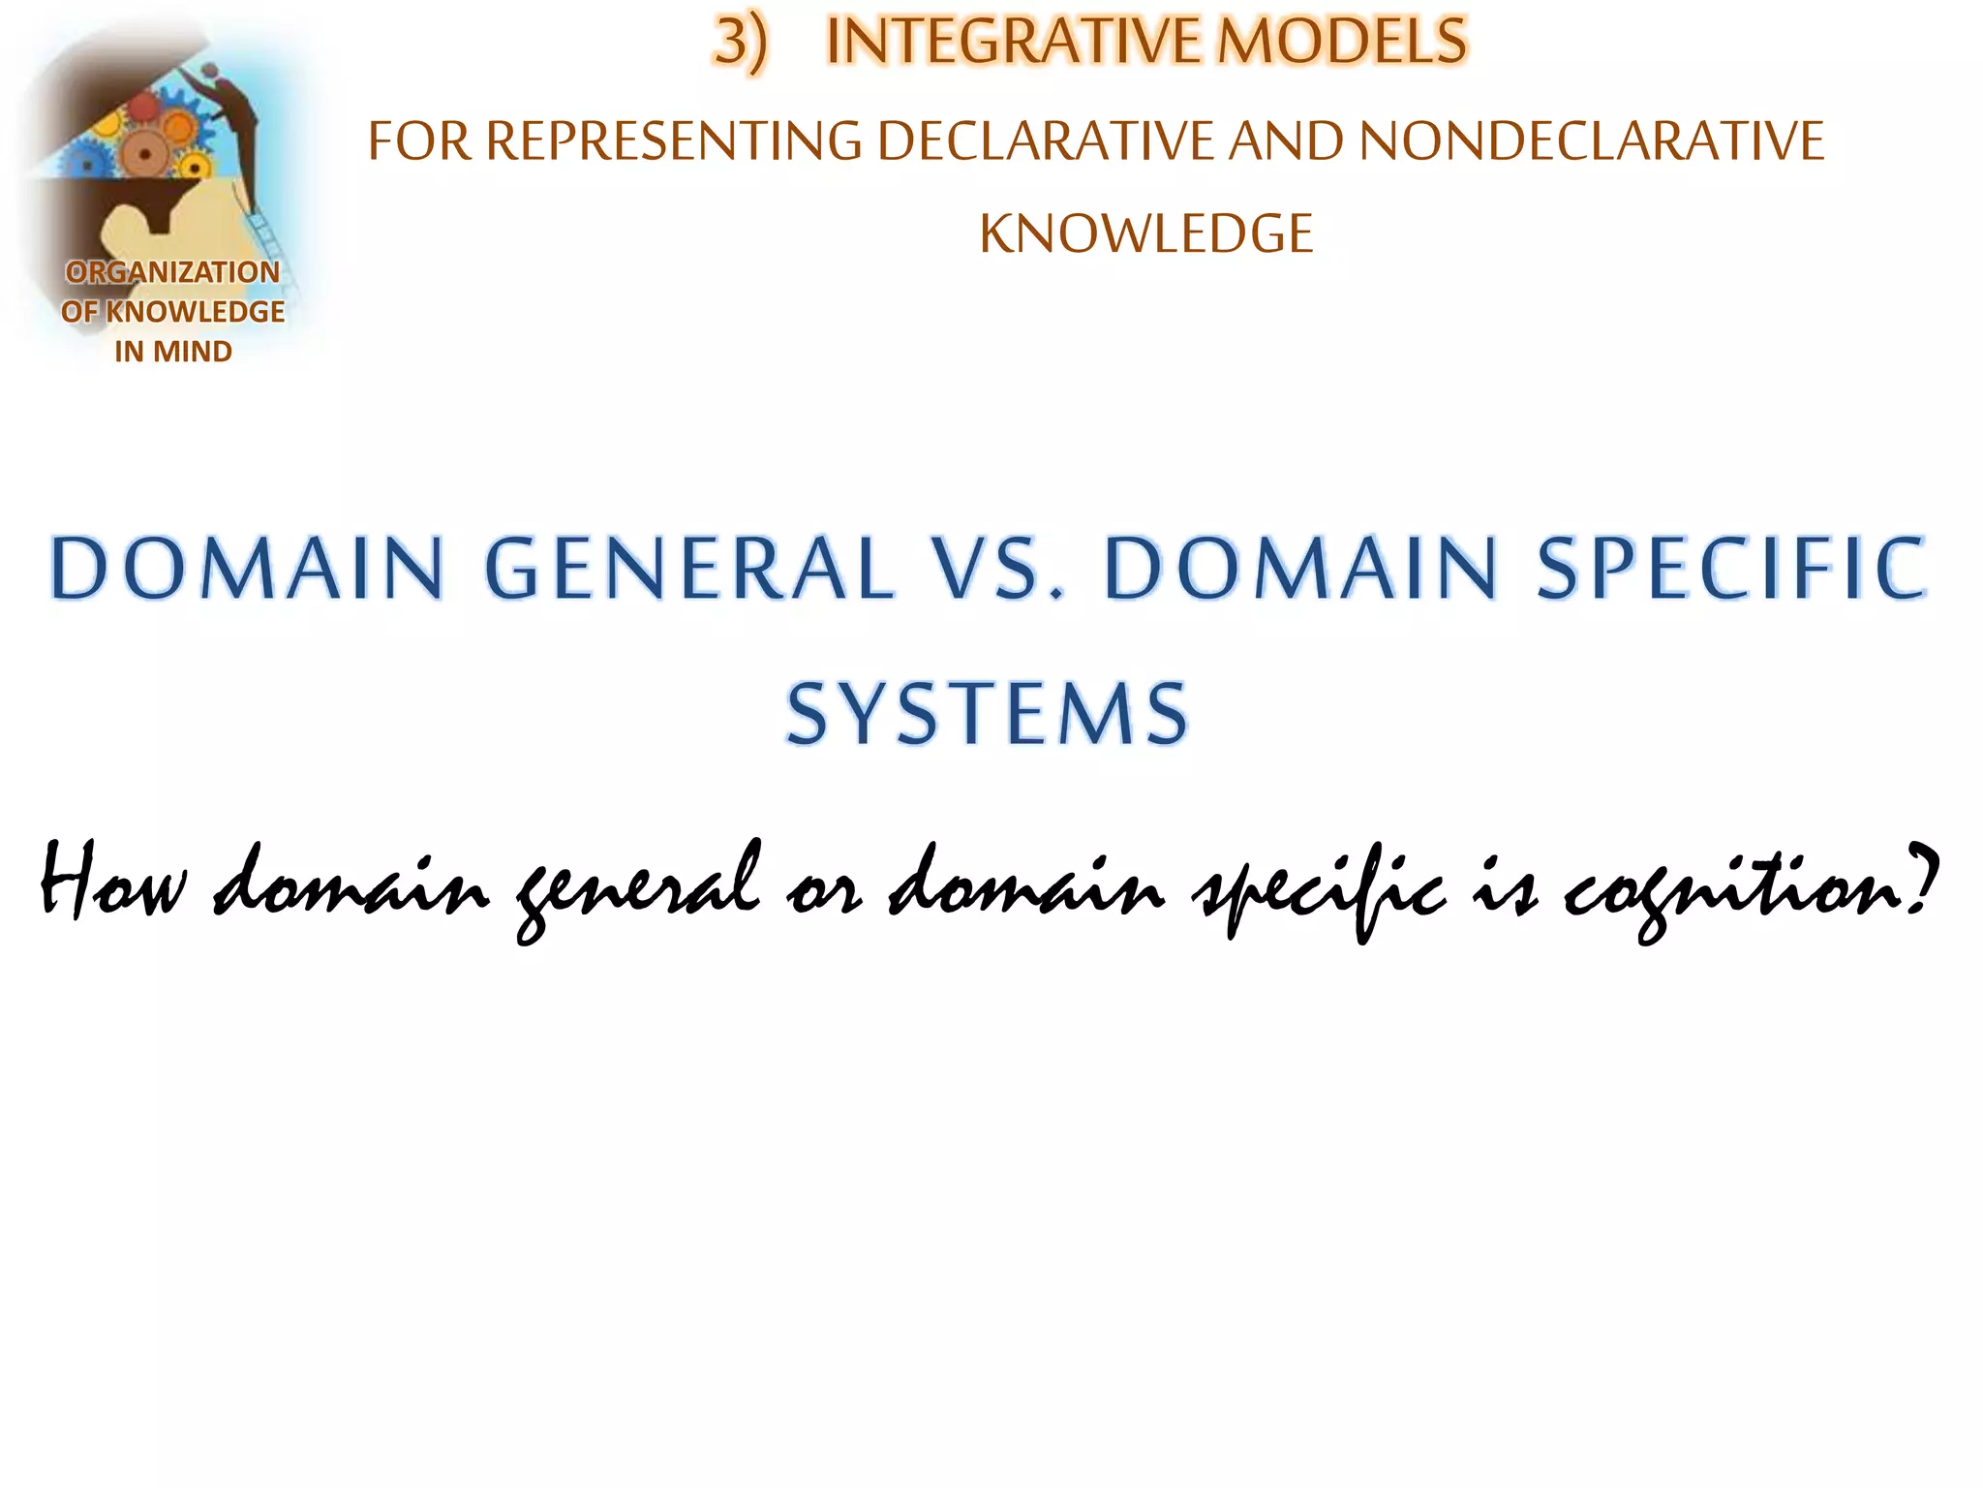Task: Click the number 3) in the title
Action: click(x=741, y=44)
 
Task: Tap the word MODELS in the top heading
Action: click(x=1342, y=42)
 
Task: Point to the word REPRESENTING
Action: click(x=673, y=141)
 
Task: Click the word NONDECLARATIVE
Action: click(x=1592, y=141)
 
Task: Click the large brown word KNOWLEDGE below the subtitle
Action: click(x=1145, y=234)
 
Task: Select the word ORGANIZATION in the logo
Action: click(x=172, y=273)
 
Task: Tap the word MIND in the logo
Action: click(x=193, y=352)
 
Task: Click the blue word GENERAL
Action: click(x=688, y=569)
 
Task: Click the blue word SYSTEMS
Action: click(x=987, y=715)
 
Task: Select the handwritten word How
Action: click(x=111, y=882)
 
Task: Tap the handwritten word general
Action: click(x=639, y=886)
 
